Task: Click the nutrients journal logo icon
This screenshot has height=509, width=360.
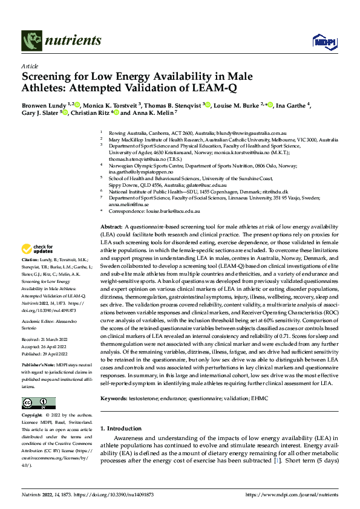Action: (x=31, y=41)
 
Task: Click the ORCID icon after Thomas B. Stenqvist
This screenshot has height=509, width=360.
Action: (x=208, y=105)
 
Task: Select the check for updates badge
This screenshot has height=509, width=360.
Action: (x=38, y=248)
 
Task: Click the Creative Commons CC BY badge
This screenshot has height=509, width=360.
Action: (x=38, y=403)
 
